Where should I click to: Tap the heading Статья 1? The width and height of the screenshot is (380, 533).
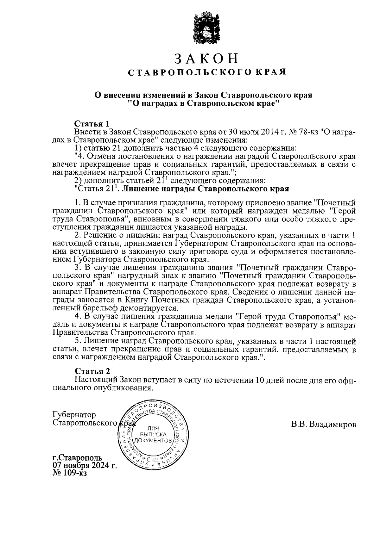pyautogui.click(x=92, y=123)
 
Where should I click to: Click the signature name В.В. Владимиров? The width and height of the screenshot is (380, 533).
pyautogui.click(x=324, y=424)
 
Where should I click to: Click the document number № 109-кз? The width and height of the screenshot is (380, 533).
pyautogui.click(x=69, y=473)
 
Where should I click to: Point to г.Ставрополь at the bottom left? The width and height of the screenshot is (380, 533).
pyautogui.click(x=77, y=458)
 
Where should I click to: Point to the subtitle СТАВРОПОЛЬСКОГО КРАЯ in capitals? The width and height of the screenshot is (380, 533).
pyautogui.click(x=206, y=72)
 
